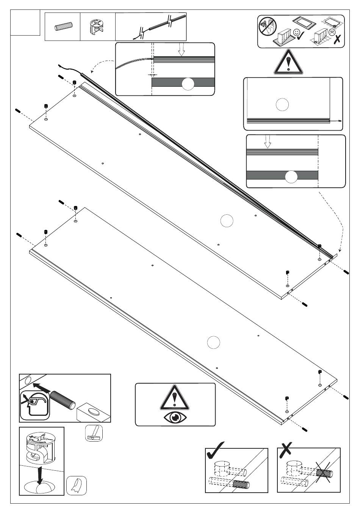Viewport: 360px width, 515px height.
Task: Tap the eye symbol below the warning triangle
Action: point(175,417)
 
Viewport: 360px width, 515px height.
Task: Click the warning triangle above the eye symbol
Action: point(175,398)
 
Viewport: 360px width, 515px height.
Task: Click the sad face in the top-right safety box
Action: point(332,32)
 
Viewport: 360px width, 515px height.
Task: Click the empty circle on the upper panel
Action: point(227,221)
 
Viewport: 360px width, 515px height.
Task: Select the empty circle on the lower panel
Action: point(214,342)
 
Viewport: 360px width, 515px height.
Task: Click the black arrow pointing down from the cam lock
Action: point(39,476)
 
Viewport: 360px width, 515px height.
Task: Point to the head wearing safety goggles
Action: point(34,404)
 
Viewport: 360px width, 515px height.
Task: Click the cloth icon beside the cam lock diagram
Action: point(77,485)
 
